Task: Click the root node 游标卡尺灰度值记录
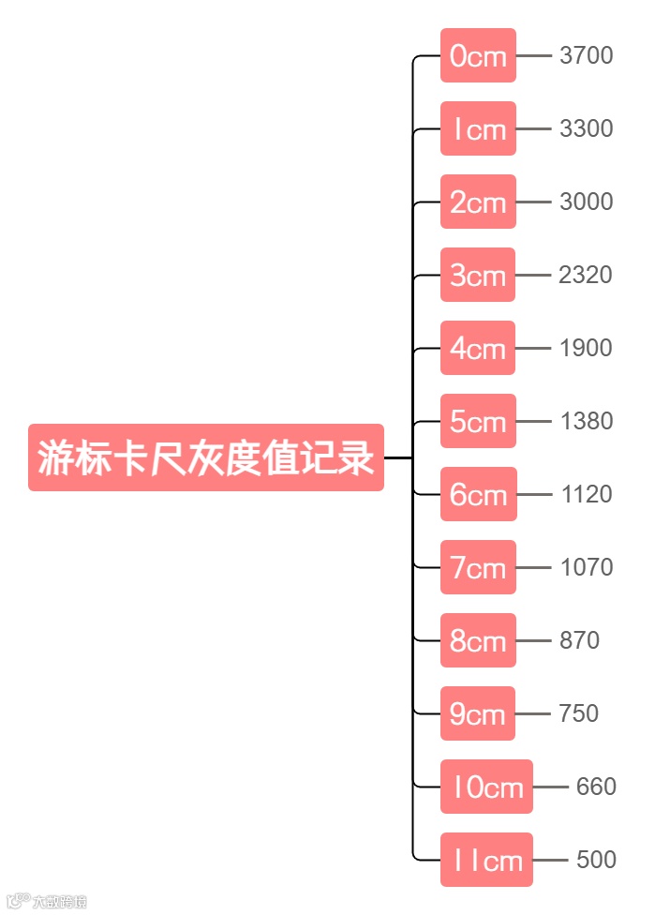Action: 206,457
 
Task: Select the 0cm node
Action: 478,56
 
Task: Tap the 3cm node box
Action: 478,276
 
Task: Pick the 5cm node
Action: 478,422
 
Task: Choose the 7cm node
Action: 478,568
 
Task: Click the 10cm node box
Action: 486,787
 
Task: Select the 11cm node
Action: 486,861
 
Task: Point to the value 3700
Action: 586,56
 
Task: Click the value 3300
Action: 586,129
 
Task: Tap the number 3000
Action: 586,202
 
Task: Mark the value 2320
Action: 585,276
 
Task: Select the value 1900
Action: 586,349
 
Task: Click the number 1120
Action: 586,495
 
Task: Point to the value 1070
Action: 586,568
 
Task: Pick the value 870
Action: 579,641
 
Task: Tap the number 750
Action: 578,714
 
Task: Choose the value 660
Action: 596,787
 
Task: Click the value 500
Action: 596,861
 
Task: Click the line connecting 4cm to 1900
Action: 533,349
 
